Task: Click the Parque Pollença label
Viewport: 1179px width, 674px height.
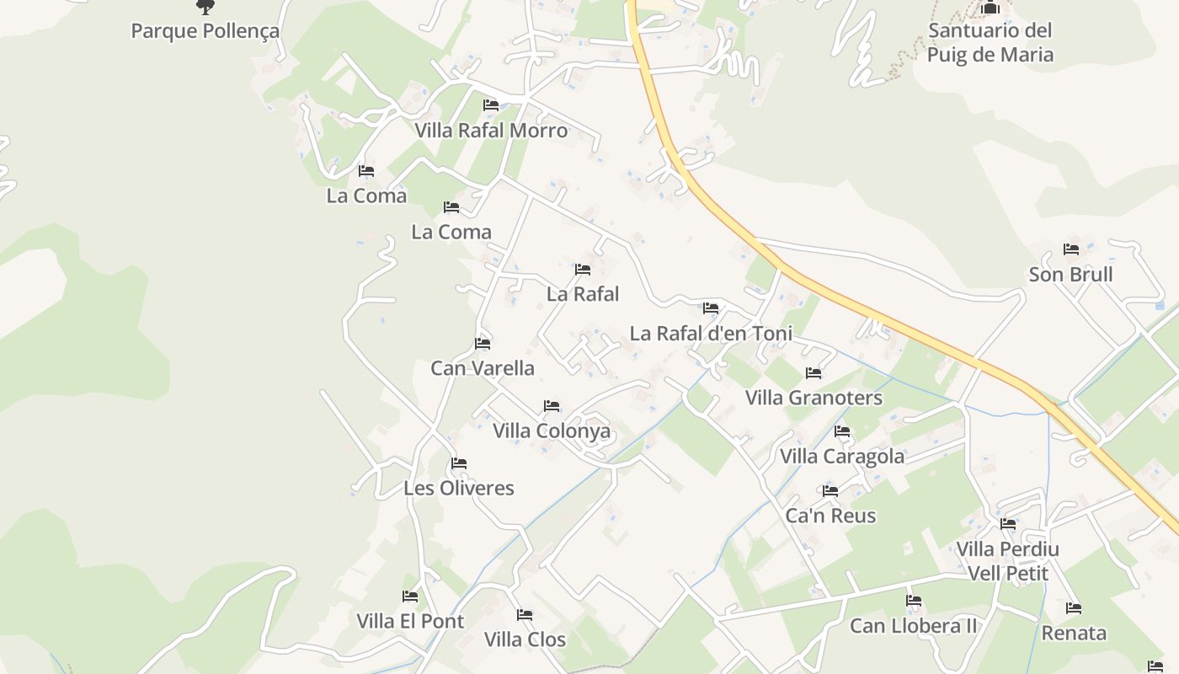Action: (x=205, y=31)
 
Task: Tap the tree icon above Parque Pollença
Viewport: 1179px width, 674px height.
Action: (x=205, y=7)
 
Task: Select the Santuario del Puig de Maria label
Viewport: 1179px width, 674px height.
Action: (x=990, y=43)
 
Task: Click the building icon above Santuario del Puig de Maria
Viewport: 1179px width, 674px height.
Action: (x=990, y=8)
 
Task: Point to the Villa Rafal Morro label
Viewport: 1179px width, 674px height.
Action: (x=491, y=131)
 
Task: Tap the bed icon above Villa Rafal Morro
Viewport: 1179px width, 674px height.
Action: (x=491, y=105)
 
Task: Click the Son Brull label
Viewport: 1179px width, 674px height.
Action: (x=1070, y=275)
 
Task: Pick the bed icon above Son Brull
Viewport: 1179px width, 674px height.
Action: (x=1071, y=249)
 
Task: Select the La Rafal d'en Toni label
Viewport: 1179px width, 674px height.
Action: (x=711, y=334)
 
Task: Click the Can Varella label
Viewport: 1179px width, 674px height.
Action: (x=483, y=368)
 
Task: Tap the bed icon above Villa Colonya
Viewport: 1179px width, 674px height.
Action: (x=552, y=406)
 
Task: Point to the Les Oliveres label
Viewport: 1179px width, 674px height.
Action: (x=458, y=488)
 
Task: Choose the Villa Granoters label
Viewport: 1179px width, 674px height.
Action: (x=814, y=398)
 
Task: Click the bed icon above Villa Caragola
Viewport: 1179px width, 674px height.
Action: (x=842, y=431)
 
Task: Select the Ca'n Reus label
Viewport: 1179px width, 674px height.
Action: (x=830, y=516)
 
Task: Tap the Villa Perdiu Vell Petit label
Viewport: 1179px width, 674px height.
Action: (x=1007, y=562)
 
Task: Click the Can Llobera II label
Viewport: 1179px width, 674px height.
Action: (x=914, y=626)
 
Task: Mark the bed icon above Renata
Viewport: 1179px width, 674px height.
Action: (x=1074, y=608)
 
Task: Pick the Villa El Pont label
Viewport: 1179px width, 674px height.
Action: (x=410, y=622)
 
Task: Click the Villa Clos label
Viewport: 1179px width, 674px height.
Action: (x=525, y=639)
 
